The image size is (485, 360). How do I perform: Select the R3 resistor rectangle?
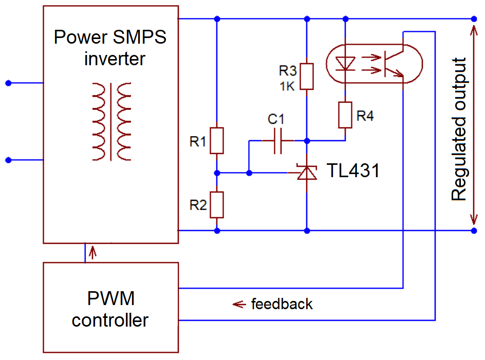307,76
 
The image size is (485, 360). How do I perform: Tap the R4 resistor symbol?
345,115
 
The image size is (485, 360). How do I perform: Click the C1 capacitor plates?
278,140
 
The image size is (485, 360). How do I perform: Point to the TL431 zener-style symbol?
307,173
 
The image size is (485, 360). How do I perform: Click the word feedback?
282,304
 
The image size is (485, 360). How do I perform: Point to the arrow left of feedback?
238,304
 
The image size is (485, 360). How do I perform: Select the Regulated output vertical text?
458,129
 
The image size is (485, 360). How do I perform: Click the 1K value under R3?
287,86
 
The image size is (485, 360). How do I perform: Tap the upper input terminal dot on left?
8,83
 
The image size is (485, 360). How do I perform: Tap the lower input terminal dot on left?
8,160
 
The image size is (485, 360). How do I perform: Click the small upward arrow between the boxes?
92,252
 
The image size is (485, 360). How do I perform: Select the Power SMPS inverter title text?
110,47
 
